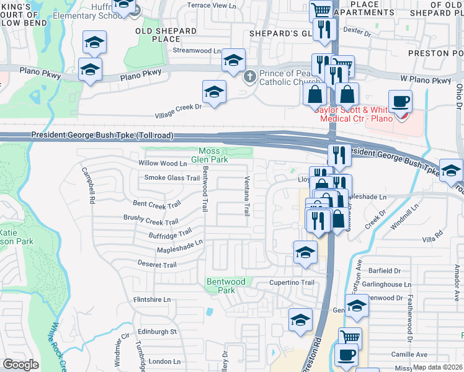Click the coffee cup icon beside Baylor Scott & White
click(400, 101)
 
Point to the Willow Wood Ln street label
click(162, 164)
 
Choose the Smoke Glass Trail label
click(172, 178)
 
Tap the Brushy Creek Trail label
click(151, 221)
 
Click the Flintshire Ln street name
click(151, 299)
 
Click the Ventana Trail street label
click(246, 195)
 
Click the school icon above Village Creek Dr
click(214, 92)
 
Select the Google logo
click(20, 365)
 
